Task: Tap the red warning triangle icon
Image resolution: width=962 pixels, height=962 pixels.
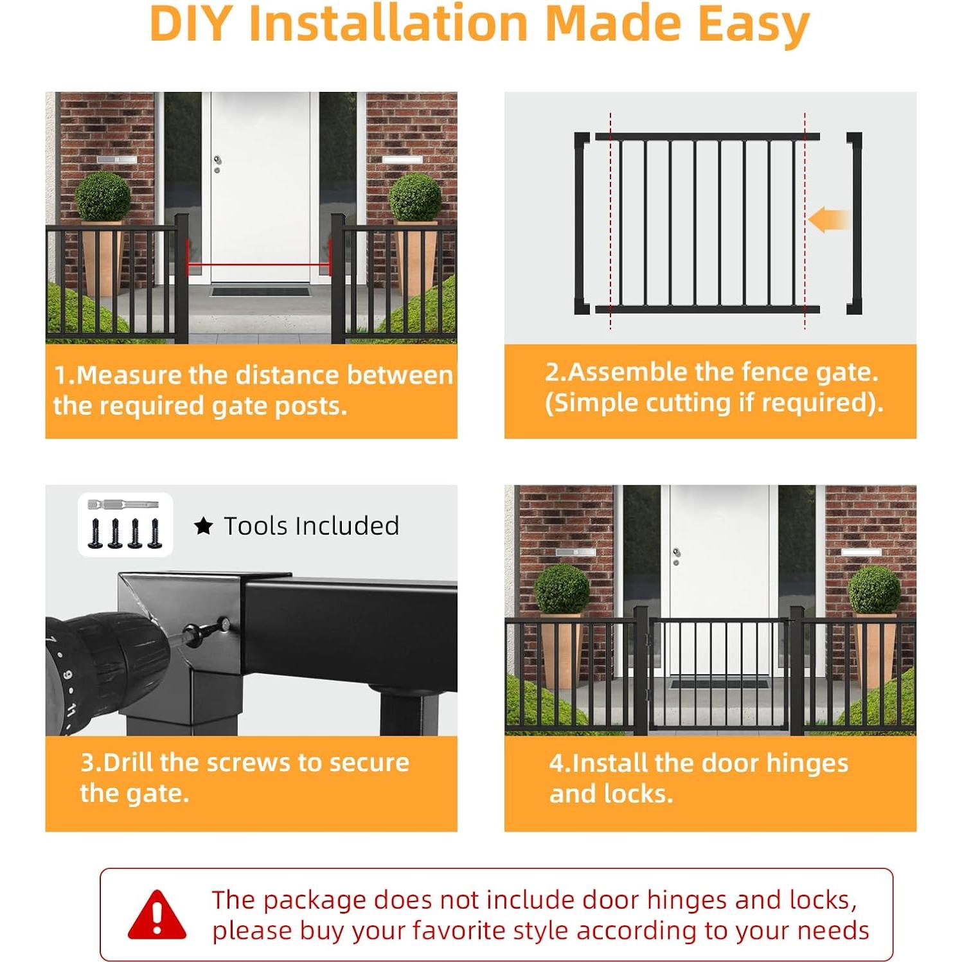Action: tap(157, 914)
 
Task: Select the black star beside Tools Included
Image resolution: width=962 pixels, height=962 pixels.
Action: tap(203, 526)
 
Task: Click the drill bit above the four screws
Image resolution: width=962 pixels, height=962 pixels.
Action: tap(122, 504)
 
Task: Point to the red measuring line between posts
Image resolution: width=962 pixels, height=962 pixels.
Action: tap(258, 263)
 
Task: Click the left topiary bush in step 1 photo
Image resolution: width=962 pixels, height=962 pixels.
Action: tap(103, 196)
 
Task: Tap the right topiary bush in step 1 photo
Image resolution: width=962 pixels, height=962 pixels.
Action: tap(414, 197)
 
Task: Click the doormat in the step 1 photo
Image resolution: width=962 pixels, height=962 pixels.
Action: tap(260, 292)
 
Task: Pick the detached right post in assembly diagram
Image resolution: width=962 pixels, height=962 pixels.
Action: tap(854, 223)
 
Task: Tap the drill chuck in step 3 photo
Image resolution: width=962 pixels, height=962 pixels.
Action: tap(109, 655)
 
